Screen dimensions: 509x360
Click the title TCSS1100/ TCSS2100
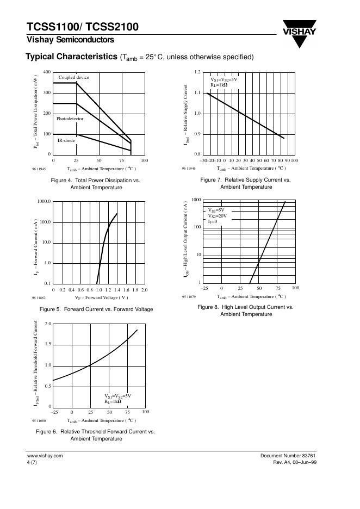pyautogui.click(x=82, y=27)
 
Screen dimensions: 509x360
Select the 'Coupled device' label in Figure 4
pyautogui.click(x=74, y=77)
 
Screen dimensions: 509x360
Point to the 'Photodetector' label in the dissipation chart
pyautogui.click(x=70, y=118)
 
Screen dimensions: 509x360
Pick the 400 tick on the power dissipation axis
pyautogui.click(x=46, y=72)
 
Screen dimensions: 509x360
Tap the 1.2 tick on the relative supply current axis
pyautogui.click(x=197, y=72)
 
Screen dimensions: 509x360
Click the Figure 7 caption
pyautogui.click(x=246, y=183)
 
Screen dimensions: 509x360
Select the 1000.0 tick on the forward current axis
pyautogui.click(x=44, y=202)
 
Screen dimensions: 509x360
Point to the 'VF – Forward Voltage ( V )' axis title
pyautogui.click(x=102, y=297)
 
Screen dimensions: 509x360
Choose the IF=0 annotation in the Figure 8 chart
pyautogui.click(x=212, y=221)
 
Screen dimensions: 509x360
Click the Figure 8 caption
pyautogui.click(x=246, y=311)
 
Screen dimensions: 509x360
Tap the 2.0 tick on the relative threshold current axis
pyautogui.click(x=47, y=324)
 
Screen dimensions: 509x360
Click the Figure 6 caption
pyautogui.click(x=96, y=434)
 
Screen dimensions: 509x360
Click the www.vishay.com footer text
pyautogui.click(x=45, y=455)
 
